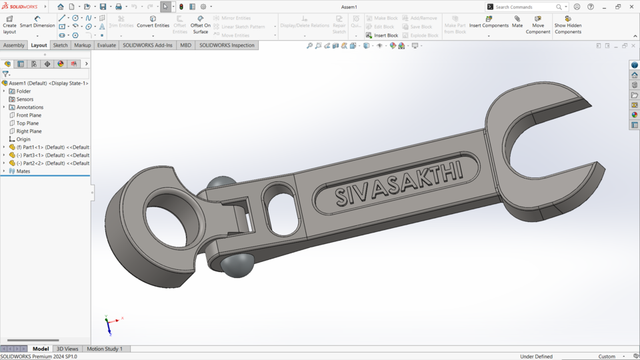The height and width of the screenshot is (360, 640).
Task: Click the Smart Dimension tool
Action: [x=37, y=22]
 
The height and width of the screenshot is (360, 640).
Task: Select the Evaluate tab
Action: [x=106, y=45]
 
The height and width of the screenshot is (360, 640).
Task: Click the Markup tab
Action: [x=83, y=45]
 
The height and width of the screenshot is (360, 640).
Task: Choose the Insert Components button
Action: [x=489, y=22]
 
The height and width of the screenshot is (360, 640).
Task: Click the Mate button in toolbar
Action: [x=517, y=22]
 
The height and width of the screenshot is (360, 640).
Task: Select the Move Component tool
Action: [x=538, y=25]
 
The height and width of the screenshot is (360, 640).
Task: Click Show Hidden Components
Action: [x=568, y=25]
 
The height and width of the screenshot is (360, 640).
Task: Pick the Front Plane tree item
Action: [x=29, y=115]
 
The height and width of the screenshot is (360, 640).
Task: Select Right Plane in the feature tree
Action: [x=29, y=131]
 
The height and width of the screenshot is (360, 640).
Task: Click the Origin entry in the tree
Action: [x=23, y=139]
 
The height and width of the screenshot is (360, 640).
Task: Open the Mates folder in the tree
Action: [x=23, y=171]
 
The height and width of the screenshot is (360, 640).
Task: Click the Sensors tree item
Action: [x=25, y=99]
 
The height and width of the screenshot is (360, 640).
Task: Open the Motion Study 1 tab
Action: [x=105, y=349]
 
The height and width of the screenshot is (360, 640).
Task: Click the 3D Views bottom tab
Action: [x=67, y=349]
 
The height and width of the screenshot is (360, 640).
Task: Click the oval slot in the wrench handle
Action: [x=281, y=209]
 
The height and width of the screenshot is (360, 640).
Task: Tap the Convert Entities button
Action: [x=153, y=22]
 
